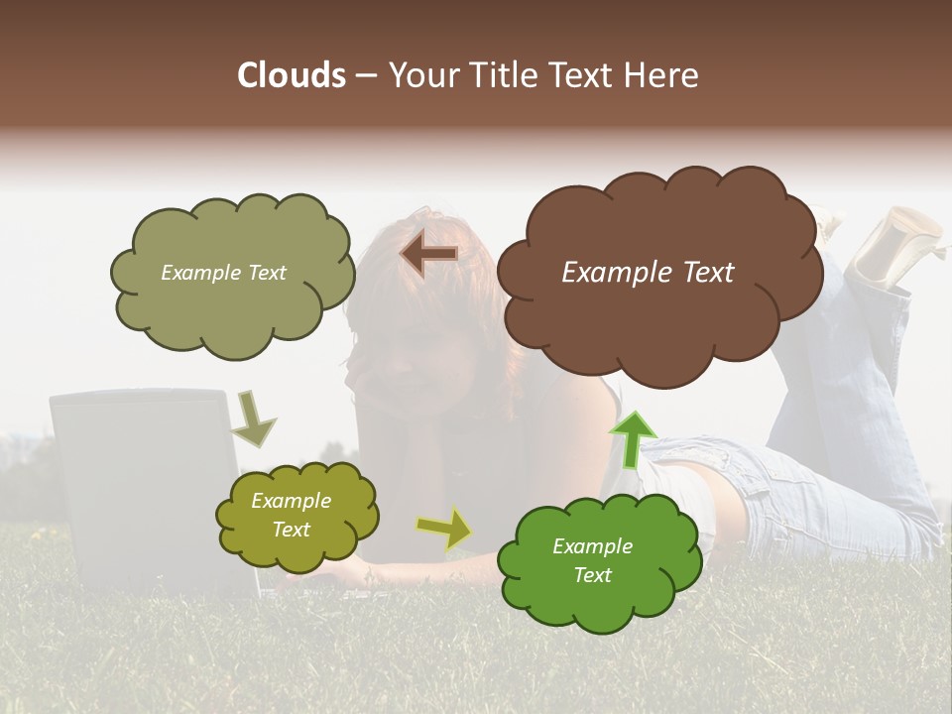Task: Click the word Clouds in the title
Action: pos(291,75)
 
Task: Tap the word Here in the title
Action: pos(663,75)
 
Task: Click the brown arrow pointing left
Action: pos(429,254)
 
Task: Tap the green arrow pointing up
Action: pos(634,436)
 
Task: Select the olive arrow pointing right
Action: pos(443,529)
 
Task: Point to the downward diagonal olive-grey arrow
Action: pos(255,418)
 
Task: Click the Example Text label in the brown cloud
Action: pos(648,273)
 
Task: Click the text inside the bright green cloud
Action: pos(592,560)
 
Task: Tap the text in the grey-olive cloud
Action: pos(223,273)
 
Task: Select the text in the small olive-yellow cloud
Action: pos(291,516)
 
